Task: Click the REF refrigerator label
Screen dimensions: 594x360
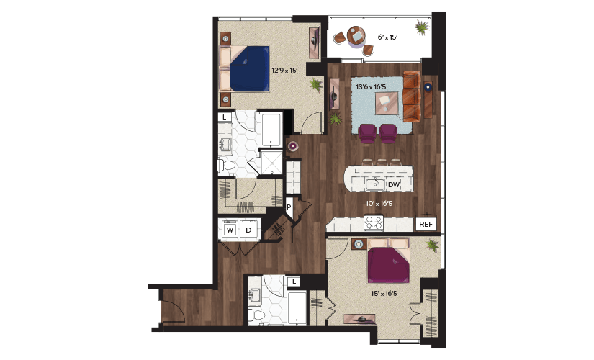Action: click(x=426, y=225)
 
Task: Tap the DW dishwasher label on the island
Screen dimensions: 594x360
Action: click(x=394, y=185)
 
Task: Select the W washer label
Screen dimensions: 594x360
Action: click(x=230, y=230)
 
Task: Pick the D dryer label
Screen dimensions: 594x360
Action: click(x=248, y=230)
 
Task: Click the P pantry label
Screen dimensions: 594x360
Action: click(x=289, y=207)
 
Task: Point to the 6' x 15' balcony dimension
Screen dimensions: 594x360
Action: click(x=387, y=37)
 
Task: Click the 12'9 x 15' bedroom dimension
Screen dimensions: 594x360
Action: click(x=284, y=70)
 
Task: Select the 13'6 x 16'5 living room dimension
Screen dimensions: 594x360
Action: click(x=371, y=87)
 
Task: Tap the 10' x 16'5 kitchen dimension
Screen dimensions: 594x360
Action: click(x=379, y=204)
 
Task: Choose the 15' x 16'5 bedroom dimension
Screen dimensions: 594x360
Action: click(x=384, y=293)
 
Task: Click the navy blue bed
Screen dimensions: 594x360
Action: click(x=249, y=68)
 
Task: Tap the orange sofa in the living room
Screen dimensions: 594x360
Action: click(x=412, y=96)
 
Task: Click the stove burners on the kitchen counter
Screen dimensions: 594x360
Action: click(x=374, y=223)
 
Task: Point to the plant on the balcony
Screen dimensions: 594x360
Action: click(x=421, y=27)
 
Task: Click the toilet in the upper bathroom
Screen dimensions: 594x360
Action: click(x=227, y=166)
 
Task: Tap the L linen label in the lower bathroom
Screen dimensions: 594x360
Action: click(x=294, y=282)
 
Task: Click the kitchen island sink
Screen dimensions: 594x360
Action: click(x=375, y=184)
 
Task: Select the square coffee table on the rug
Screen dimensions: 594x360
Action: click(x=387, y=103)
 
